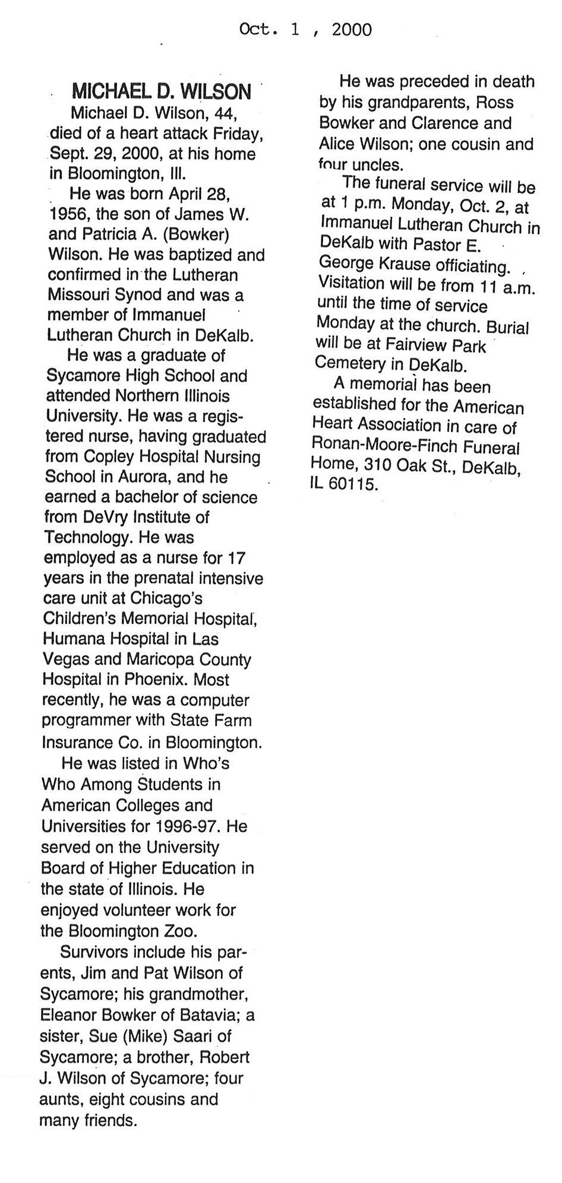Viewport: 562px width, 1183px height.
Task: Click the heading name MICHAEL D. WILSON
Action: (x=161, y=91)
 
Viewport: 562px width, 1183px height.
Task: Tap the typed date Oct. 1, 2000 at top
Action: (x=305, y=29)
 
